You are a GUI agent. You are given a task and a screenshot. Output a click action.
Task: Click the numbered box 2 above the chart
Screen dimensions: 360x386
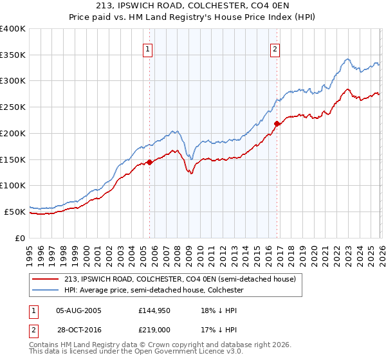tap(275, 49)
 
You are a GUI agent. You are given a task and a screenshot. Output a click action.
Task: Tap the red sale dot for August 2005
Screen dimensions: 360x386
tap(149, 162)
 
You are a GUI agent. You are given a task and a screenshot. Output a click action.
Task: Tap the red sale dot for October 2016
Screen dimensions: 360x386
tap(277, 123)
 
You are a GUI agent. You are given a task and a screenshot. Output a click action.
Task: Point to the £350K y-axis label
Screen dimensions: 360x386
tap(13, 55)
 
